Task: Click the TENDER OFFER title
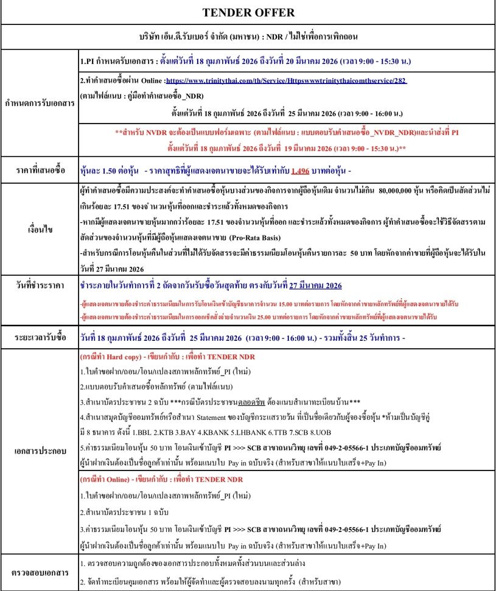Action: (x=248, y=12)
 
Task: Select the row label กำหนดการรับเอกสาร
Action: (x=40, y=103)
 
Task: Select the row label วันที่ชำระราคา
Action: (x=40, y=285)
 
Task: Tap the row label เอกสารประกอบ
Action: (x=40, y=453)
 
